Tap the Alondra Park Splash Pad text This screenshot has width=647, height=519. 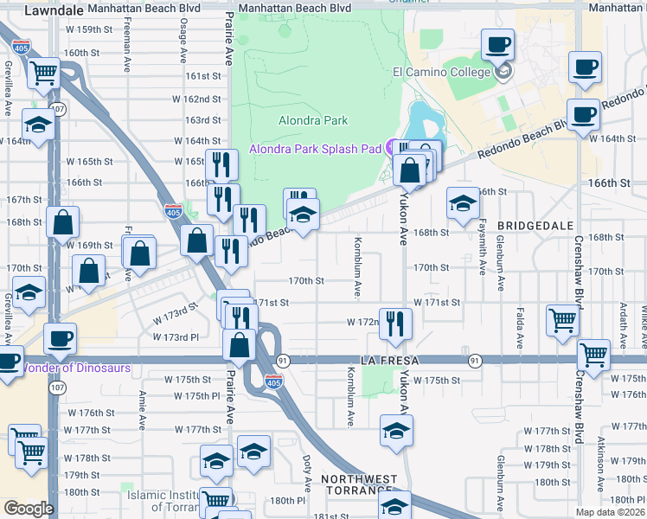(315, 149)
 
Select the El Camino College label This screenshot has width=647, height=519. (442, 72)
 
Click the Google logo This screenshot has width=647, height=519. (28, 509)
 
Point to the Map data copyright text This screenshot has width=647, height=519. (610, 512)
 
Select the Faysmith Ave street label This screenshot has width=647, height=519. (483, 251)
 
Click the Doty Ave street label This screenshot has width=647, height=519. (307, 468)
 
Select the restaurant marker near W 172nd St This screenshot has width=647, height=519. (396, 324)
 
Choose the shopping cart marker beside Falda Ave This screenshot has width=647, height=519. (562, 320)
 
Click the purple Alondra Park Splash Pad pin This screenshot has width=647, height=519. (392, 147)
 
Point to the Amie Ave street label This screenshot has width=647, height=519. (142, 407)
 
